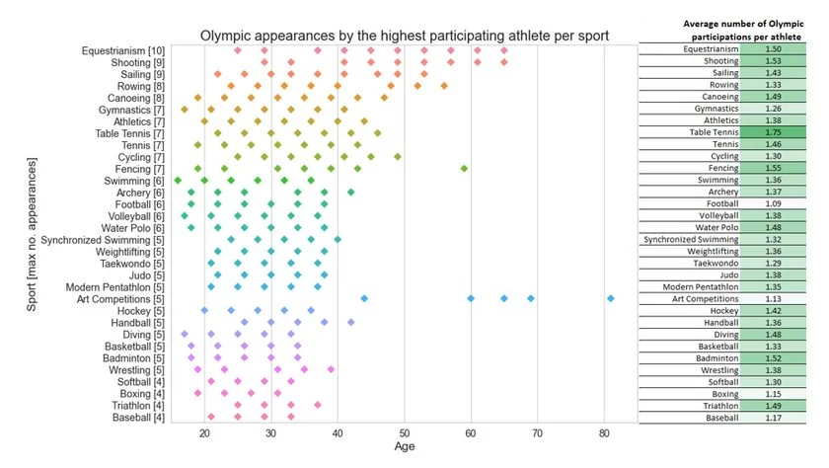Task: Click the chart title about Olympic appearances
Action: click(405, 36)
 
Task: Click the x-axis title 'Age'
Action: click(405, 446)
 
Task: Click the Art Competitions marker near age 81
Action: click(611, 298)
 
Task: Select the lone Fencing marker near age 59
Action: click(464, 168)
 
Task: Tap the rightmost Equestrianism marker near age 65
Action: click(504, 50)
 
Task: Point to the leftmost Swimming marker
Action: click(178, 180)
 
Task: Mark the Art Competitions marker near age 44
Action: click(364, 298)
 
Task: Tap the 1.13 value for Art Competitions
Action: click(786, 297)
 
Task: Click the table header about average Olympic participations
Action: click(732, 30)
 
